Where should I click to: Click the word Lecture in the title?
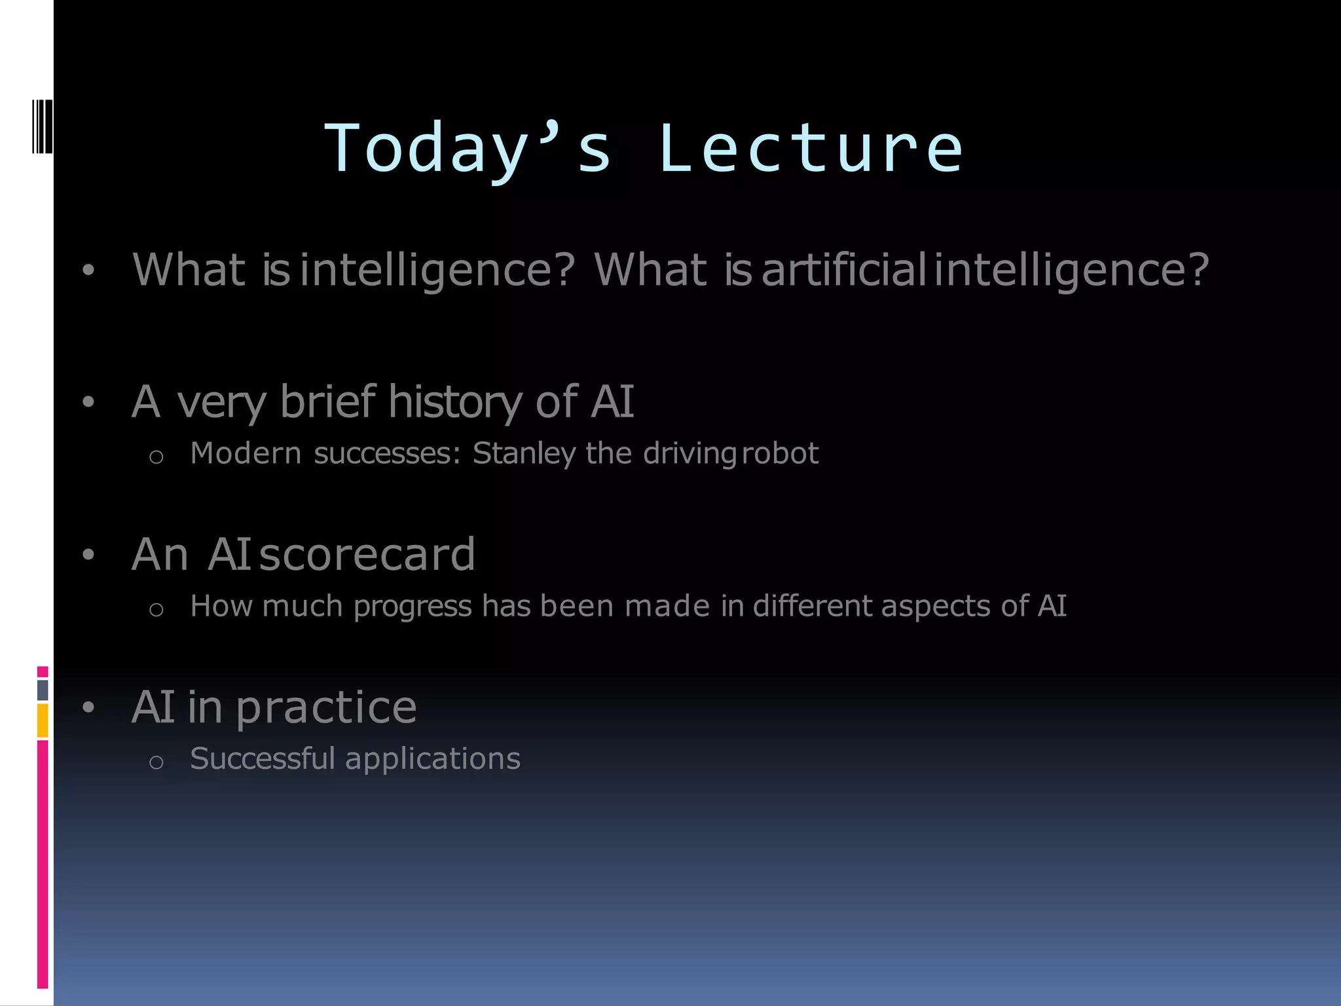(811, 149)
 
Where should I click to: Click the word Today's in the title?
(468, 149)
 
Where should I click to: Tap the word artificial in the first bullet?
(843, 269)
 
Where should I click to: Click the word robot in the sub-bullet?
(780, 453)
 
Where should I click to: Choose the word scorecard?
(367, 555)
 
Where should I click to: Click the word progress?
(413, 606)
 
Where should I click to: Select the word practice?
(326, 707)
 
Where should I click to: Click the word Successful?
(262, 759)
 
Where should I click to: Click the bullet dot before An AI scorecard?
(89, 555)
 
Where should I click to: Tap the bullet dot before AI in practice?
(89, 708)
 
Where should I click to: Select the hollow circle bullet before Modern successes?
(156, 456)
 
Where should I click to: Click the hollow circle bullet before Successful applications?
(156, 762)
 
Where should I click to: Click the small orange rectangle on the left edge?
(43, 720)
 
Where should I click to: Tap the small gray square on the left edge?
(43, 690)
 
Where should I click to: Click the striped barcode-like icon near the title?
(43, 126)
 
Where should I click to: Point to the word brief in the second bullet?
(327, 401)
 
